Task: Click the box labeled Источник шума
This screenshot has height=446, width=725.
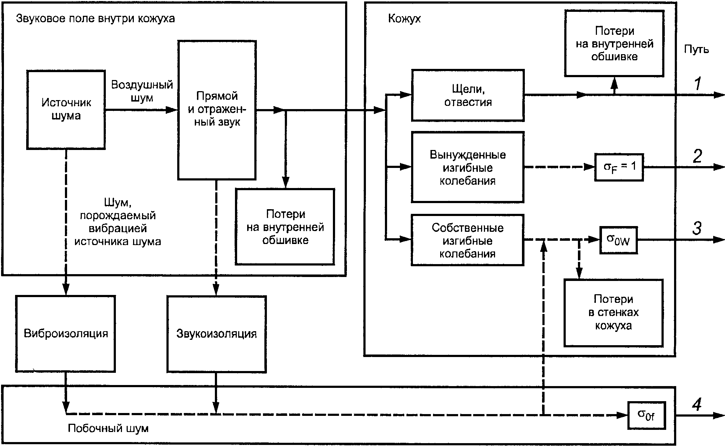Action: (x=66, y=110)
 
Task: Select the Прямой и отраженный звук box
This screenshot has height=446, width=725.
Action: (x=217, y=110)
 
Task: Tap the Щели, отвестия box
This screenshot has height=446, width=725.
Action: (x=468, y=95)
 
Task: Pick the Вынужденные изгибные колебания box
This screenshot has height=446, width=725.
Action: (x=468, y=167)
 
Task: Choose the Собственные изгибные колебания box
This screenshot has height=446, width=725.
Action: (x=468, y=240)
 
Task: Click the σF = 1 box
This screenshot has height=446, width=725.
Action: (x=619, y=167)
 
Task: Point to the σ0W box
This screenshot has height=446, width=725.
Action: (x=619, y=240)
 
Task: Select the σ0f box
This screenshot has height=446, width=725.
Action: (x=646, y=416)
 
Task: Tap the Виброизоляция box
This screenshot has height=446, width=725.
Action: (x=66, y=334)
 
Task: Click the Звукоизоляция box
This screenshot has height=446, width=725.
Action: (x=217, y=334)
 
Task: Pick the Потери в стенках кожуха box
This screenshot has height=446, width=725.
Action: (x=613, y=313)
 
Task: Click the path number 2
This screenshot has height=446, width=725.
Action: (x=697, y=156)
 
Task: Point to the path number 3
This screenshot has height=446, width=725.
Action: (x=697, y=229)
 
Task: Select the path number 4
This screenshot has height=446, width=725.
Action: (x=697, y=405)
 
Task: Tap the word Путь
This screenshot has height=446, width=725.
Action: (x=696, y=50)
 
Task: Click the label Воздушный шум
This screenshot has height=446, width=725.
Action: (x=142, y=91)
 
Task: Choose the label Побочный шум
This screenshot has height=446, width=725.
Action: (x=108, y=428)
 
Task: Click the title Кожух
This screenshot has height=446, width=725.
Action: (x=404, y=19)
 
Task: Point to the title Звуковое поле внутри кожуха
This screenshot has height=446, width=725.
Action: (x=95, y=19)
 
